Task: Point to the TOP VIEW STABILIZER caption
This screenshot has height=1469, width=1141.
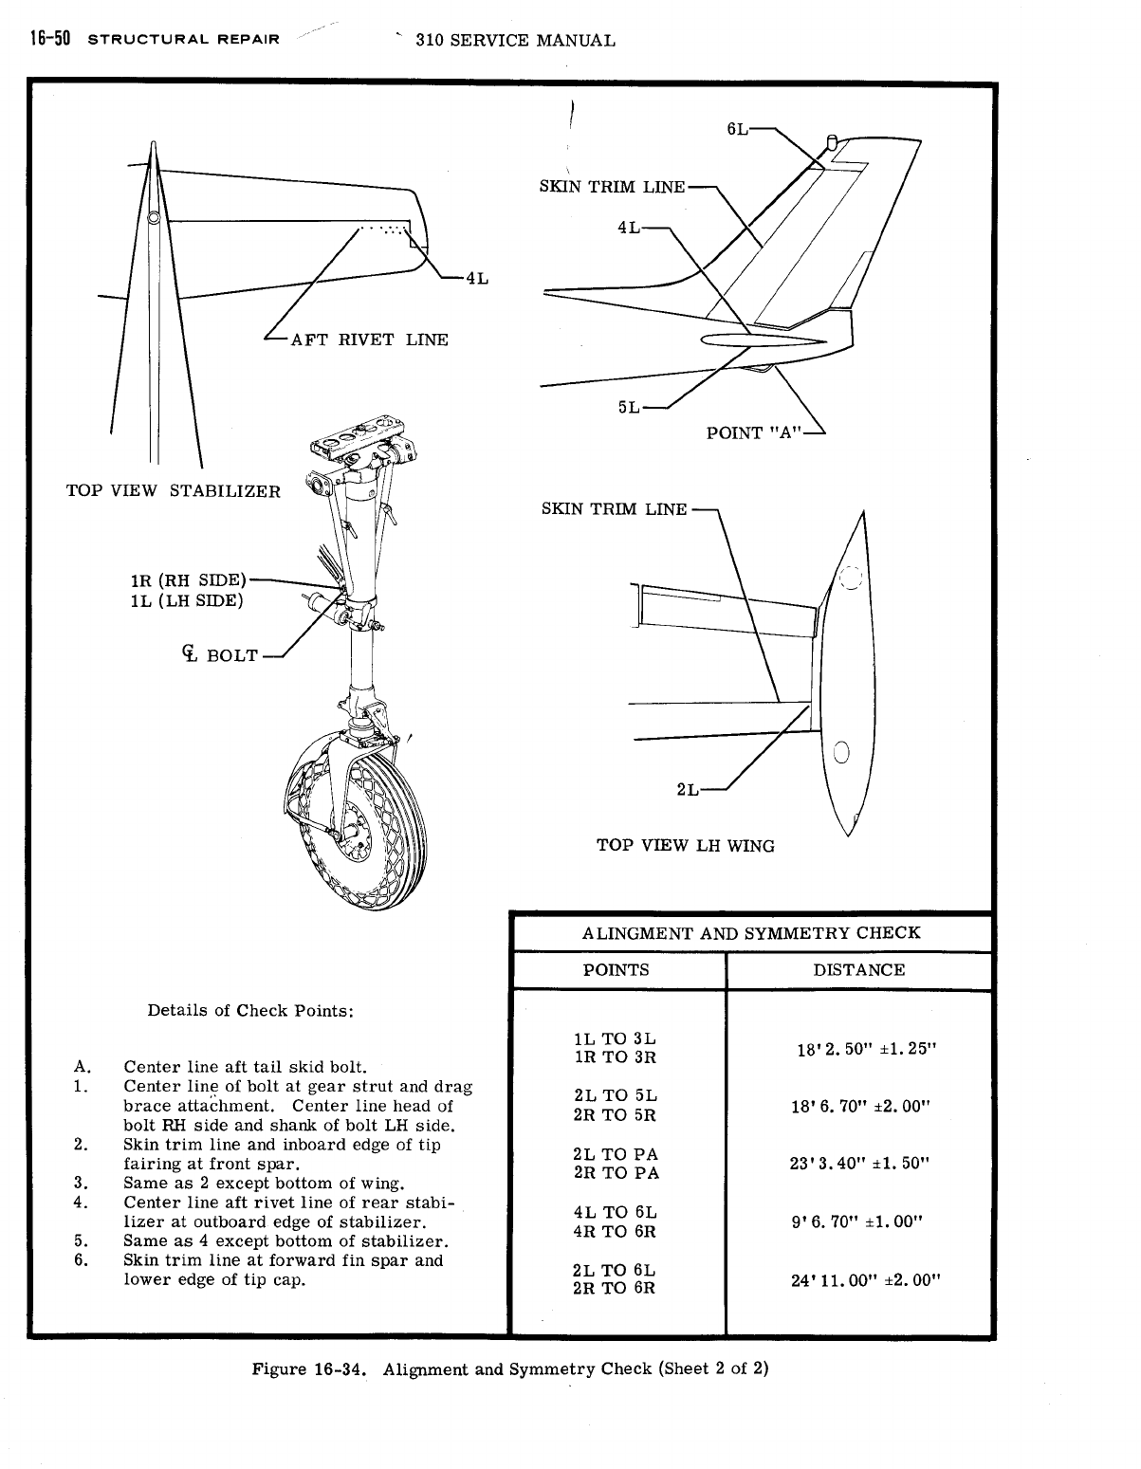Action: click(x=174, y=491)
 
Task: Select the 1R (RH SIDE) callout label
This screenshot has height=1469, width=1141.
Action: click(x=188, y=580)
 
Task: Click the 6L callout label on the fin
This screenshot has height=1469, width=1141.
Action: click(x=738, y=130)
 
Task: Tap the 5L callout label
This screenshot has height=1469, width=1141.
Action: click(x=629, y=407)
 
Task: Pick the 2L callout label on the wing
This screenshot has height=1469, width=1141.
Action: click(x=688, y=789)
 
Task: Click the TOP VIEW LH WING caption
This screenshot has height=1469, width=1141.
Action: click(x=685, y=845)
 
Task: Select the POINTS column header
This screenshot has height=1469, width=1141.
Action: click(x=617, y=970)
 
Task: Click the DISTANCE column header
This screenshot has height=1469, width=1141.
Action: click(x=859, y=970)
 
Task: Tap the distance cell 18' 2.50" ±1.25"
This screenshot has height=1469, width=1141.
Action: click(x=866, y=1050)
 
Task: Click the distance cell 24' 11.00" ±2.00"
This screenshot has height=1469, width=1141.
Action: click(x=865, y=1279)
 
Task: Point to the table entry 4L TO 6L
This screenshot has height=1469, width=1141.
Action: click(x=616, y=1212)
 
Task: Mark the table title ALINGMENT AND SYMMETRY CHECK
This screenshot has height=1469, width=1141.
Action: click(x=751, y=932)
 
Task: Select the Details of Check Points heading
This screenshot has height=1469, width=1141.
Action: click(x=250, y=1010)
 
